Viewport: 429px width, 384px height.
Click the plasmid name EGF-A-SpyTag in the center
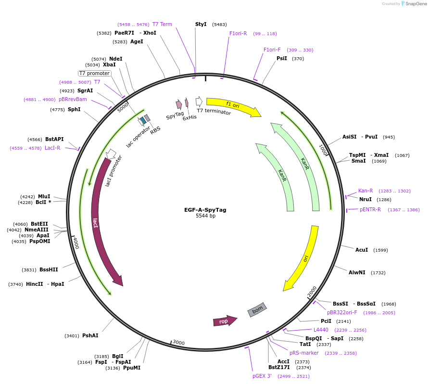(205, 210)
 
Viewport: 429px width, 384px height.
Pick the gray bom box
(257, 309)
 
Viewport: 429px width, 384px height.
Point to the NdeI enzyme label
(115, 59)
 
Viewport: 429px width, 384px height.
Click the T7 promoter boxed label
(95, 73)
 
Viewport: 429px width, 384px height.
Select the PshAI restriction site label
(90, 335)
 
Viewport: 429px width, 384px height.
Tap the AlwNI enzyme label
(357, 272)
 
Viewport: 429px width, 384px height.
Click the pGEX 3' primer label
(262, 376)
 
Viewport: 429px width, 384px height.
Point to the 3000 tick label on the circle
(178, 342)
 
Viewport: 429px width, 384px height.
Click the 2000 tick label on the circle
(312, 292)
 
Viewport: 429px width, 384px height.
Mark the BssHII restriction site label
(49, 269)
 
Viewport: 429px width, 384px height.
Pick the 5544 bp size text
(205, 216)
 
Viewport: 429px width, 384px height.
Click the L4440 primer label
(321, 330)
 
